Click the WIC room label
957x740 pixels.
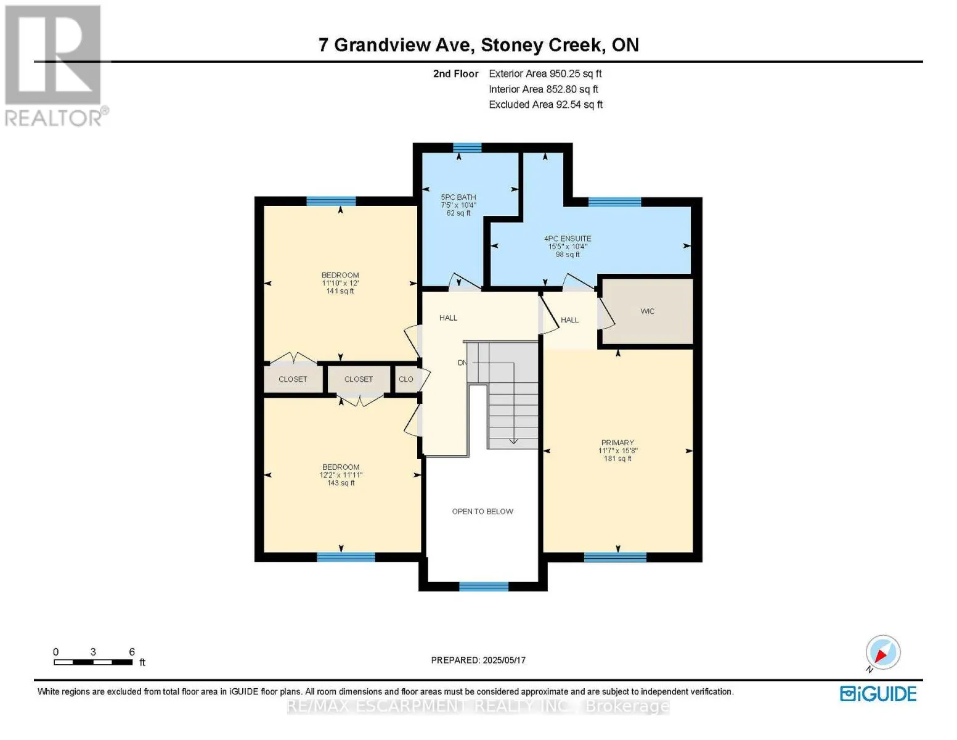tap(647, 311)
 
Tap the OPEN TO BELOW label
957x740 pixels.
tap(483, 511)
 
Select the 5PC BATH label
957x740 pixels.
tap(458, 197)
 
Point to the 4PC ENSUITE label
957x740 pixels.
tap(568, 239)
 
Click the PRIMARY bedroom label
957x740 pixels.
tap(617, 443)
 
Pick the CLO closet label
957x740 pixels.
tap(406, 379)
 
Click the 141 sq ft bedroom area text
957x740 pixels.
tap(340, 291)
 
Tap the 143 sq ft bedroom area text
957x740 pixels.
tap(341, 483)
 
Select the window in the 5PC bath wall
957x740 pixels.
tap(467, 147)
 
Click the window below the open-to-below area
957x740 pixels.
tap(484, 586)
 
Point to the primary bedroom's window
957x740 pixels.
tap(615, 557)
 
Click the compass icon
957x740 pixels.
tap(883, 653)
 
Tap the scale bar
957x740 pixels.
tap(93, 662)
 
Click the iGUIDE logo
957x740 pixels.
tap(878, 694)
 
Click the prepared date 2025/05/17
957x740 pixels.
tap(504, 660)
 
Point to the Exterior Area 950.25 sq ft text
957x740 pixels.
tap(545, 73)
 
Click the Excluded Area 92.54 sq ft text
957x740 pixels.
tap(545, 104)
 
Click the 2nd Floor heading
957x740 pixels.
tap(456, 73)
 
